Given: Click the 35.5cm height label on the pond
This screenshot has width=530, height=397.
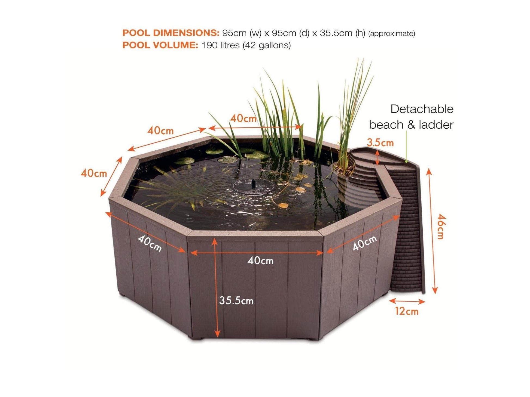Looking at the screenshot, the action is coord(236,300).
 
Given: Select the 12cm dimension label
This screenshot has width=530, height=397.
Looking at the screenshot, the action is coord(407,311).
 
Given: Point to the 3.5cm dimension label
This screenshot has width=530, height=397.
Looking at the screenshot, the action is coord(380,142).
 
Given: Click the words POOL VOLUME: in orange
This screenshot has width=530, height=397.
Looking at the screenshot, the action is coord(160,45).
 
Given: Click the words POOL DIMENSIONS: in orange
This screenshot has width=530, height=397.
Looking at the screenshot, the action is coord(171,33).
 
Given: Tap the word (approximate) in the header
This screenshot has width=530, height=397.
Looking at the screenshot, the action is coord(392,34).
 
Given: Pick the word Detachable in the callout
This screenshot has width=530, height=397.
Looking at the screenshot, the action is coord(422,109).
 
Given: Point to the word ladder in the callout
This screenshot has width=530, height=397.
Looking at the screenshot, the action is coord(436,125).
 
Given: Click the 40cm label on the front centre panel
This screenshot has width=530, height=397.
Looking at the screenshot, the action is coord(260,261).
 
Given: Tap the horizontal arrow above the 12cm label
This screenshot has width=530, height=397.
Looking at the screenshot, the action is coord(407,301).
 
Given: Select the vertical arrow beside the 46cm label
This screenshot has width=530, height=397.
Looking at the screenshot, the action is coord(432,231).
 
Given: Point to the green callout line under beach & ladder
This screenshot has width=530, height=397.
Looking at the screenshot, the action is coord(406,146).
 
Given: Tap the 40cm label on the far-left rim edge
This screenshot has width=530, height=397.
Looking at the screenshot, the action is coord(94,173).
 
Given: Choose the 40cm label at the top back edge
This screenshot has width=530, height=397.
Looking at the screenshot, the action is coord(243,118).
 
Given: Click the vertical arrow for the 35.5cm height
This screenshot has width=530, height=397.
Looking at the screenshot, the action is coord(216,287).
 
